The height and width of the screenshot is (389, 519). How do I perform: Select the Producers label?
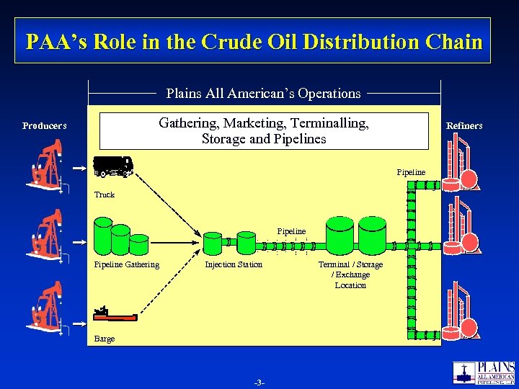44,126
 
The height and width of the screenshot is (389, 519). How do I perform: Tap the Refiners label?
464,126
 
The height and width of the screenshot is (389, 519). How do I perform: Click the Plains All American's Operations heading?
263,94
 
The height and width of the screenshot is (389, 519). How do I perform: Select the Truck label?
105,194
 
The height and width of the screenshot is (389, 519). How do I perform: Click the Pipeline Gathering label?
127,264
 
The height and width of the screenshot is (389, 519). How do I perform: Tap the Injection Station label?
234,264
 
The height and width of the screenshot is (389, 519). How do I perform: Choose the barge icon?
115,314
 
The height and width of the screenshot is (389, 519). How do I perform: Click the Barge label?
105,339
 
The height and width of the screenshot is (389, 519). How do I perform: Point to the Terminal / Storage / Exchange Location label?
350,274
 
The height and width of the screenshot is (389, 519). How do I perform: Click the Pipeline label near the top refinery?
411,172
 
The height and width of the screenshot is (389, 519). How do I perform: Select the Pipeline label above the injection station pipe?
291,231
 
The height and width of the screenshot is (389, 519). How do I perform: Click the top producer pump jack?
45,166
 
